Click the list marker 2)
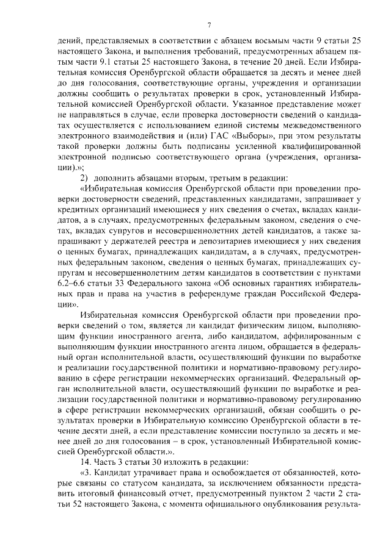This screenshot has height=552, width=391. (x=85, y=177)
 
